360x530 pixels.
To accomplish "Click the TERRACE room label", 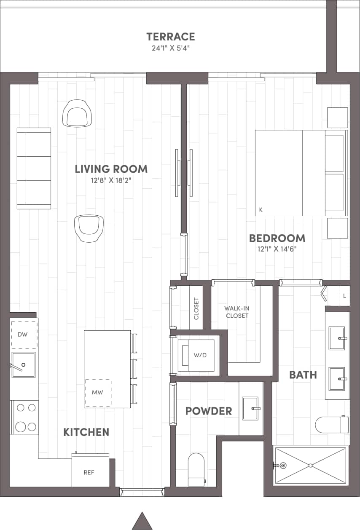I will click(x=170, y=37).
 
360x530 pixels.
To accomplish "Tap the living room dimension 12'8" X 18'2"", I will click(x=111, y=180).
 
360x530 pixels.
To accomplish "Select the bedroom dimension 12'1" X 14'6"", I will click(x=277, y=249).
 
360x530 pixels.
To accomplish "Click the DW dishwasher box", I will click(x=24, y=335).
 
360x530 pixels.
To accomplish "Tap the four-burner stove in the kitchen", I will click(x=25, y=418).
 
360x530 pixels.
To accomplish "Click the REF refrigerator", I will click(x=89, y=471).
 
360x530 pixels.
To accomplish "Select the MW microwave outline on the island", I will click(x=98, y=392).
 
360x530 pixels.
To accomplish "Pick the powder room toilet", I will click(x=196, y=469).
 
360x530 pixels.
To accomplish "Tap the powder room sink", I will click(x=250, y=408).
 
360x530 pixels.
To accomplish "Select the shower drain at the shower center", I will click(x=310, y=466).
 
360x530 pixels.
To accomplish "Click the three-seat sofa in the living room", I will click(x=34, y=168).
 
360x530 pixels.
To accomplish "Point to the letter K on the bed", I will click(x=261, y=209).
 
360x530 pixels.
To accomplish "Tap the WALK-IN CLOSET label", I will click(x=237, y=312).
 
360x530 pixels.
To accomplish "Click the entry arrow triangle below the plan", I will click(x=142, y=521).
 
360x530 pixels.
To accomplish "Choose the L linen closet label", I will click(x=344, y=296).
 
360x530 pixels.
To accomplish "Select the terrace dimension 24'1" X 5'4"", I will click(x=170, y=48).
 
